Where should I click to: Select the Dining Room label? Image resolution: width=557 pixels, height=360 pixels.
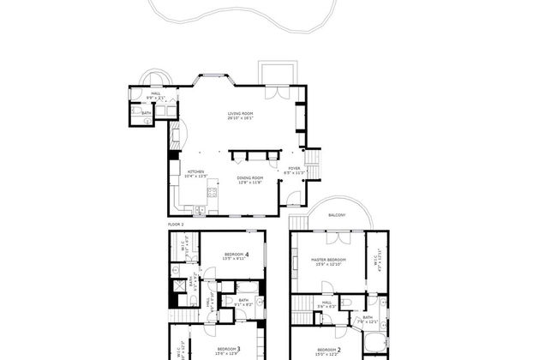click(x=249, y=177)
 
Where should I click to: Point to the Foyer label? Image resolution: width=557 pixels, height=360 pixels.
click(x=294, y=168)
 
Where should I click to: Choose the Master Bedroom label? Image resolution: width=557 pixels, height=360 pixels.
click(x=329, y=259)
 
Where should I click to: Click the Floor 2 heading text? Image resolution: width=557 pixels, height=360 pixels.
click(x=176, y=223)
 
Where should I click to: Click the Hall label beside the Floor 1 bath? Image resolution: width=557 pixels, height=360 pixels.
click(x=156, y=93)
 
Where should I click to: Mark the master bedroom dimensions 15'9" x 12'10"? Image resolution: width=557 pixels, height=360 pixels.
click(x=329, y=264)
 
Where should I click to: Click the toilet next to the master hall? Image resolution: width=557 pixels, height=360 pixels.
click(x=345, y=303)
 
